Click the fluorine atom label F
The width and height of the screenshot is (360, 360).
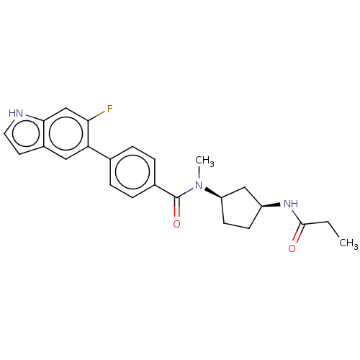[110, 109]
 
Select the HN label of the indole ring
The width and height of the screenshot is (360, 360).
[16, 113]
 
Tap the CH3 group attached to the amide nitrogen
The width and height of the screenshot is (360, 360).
[204, 161]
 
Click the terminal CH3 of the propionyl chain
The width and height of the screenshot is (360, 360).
[348, 243]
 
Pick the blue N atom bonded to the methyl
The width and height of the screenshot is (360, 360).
[199, 185]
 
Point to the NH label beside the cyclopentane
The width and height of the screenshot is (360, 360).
[291, 204]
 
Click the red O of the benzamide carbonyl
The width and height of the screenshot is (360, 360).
[176, 224]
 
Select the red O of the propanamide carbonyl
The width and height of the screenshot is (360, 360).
[292, 248]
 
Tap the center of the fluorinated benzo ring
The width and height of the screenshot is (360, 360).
[66, 133]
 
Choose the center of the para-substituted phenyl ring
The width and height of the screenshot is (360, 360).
[132, 172]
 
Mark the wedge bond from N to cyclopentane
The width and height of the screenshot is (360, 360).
[213, 194]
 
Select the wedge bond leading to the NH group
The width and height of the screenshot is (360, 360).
[271, 205]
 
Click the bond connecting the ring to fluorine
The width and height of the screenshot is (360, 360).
[96, 117]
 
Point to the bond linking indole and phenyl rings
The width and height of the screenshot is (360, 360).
[99, 153]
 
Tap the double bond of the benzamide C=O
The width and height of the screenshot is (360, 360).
[177, 207]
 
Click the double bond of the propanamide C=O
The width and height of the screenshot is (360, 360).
[299, 233]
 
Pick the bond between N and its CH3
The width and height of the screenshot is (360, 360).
[199, 173]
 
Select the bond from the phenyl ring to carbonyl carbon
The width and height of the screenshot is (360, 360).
[166, 192]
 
